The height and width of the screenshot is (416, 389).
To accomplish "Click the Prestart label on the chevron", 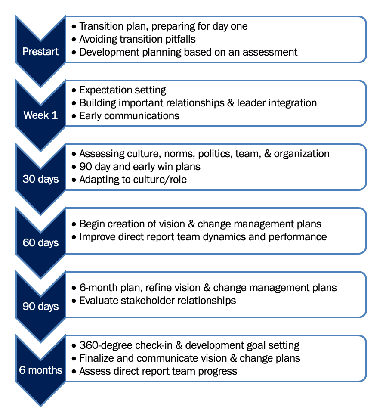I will click(x=40, y=52).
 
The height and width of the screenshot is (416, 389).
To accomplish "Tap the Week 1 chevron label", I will click(x=40, y=115).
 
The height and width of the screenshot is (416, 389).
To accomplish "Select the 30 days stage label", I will click(x=40, y=179).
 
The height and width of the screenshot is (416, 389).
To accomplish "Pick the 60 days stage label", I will click(x=40, y=242).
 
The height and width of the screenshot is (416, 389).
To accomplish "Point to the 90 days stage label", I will click(x=40, y=306).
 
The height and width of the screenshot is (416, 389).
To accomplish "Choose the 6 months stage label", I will click(x=40, y=370).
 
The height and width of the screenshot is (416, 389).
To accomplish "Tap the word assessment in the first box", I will click(x=269, y=52).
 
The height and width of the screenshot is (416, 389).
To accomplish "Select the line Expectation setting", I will click(x=123, y=90).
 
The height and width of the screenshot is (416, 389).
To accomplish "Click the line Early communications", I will click(x=129, y=115).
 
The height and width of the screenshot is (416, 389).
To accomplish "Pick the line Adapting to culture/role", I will click(x=133, y=179).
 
